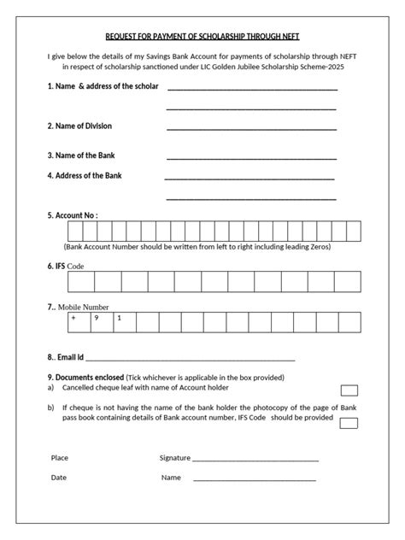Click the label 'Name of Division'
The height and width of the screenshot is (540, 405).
tap(80, 126)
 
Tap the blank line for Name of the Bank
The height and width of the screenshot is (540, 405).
tap(251, 158)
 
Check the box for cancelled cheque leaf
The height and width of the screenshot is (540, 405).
tap(349, 390)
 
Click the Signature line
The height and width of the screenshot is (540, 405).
tap(255, 460)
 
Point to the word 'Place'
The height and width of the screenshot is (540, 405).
tap(60, 458)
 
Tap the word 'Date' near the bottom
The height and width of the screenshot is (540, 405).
tap(58, 478)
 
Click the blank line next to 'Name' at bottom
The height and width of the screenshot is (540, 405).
tap(255, 479)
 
